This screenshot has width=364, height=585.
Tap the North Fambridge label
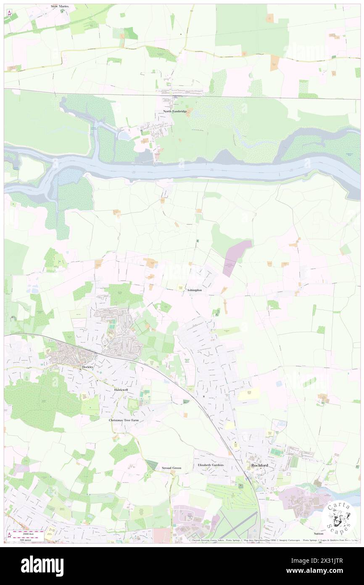[x=175, y=111]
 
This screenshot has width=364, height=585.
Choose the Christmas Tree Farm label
[x=124, y=420]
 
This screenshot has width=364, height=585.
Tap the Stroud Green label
[x=171, y=468]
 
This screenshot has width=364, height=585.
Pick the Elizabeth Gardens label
[x=211, y=465]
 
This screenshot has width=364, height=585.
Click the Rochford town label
[x=259, y=465]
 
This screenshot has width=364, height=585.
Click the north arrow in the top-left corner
[x=9, y=13]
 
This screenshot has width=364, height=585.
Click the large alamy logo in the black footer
[x=42, y=565]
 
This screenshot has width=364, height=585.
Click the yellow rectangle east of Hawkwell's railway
[x=249, y=394]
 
